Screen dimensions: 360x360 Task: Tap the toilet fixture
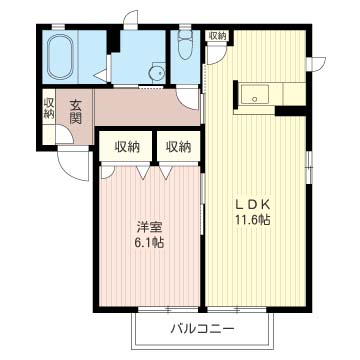coord(184,46)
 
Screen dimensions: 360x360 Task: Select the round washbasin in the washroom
coord(155,71)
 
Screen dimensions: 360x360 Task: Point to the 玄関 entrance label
coord(75,109)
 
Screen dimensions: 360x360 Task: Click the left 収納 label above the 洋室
coord(126,146)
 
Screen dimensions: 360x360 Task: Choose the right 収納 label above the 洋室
coord(178,146)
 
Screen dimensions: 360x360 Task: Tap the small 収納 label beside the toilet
coord(217,36)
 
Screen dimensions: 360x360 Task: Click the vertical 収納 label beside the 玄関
coord(48,108)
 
